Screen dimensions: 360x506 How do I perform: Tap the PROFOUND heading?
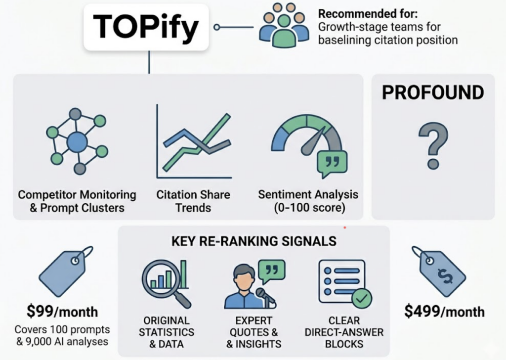[x=432, y=93]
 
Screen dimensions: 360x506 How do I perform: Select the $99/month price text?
[x=62, y=312]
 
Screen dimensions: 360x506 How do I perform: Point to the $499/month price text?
[x=444, y=312]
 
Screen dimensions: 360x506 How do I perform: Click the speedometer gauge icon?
[x=306, y=143]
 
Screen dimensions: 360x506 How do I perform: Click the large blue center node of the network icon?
[x=77, y=142]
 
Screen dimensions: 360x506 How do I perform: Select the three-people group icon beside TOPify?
[x=282, y=26]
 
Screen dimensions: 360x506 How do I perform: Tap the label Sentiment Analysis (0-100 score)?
[x=308, y=201]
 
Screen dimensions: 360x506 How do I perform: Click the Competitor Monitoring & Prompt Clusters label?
[x=77, y=201]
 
